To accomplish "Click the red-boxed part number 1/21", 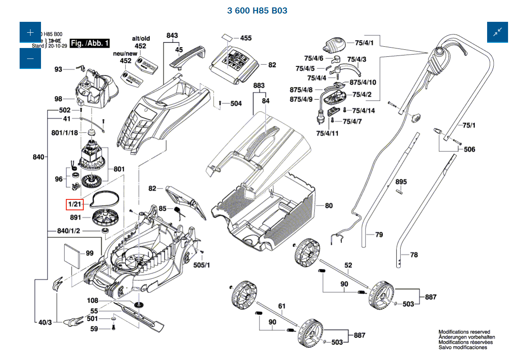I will pyautogui.click(x=74, y=204).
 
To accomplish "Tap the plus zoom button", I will pyautogui.click(x=30, y=32).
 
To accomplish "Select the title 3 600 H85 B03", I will pyautogui.click(x=257, y=10).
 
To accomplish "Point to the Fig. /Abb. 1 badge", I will pyautogui.click(x=90, y=43).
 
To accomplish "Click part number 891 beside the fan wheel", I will pyautogui.click(x=76, y=217).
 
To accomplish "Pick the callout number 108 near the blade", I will pyautogui.click(x=93, y=301).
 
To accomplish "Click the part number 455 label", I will pyautogui.click(x=246, y=38).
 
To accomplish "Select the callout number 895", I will pyautogui.click(x=401, y=182).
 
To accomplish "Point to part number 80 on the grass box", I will pyautogui.click(x=328, y=206).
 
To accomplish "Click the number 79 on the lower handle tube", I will pyautogui.click(x=379, y=235).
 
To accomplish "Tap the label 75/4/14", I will pyautogui.click(x=363, y=111).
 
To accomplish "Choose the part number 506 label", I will pyautogui.click(x=469, y=149).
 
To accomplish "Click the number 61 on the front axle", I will pyautogui.click(x=281, y=306).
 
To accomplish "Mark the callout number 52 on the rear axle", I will pyautogui.click(x=348, y=265).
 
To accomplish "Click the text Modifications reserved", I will pyautogui.click(x=464, y=332).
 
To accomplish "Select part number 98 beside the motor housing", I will pyautogui.click(x=58, y=98).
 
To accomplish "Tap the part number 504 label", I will pyautogui.click(x=236, y=103).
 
